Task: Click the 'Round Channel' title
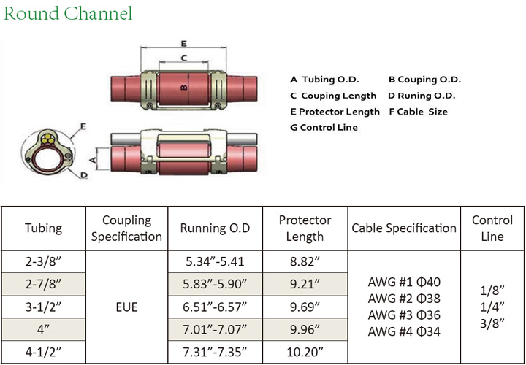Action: tap(67, 14)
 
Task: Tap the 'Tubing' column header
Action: tap(44, 228)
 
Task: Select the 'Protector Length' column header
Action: tap(305, 228)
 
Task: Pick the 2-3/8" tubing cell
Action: tap(44, 261)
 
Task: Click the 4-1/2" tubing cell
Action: tap(44, 354)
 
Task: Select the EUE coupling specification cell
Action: tap(127, 307)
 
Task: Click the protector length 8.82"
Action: tap(305, 261)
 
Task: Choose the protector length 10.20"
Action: tap(305, 354)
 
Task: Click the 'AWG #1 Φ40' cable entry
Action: tap(404, 282)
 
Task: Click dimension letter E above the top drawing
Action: tap(183, 42)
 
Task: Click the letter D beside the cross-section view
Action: tap(85, 175)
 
